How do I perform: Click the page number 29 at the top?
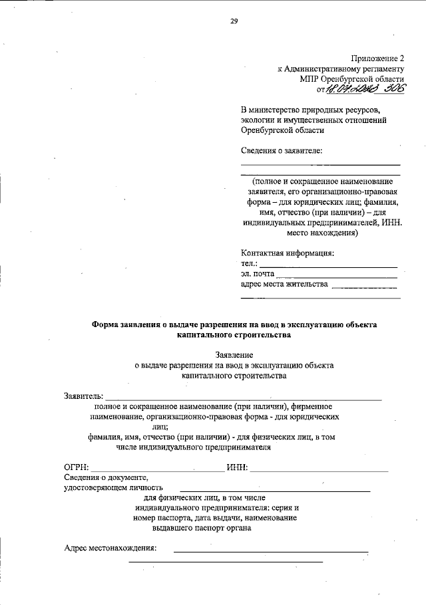(x=234, y=21)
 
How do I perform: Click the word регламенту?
(x=381, y=68)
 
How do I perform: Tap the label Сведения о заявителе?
(x=282, y=150)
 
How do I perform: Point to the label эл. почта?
(x=257, y=274)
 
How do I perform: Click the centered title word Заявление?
(x=234, y=355)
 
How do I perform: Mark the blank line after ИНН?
(x=319, y=470)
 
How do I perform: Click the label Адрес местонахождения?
(x=110, y=548)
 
